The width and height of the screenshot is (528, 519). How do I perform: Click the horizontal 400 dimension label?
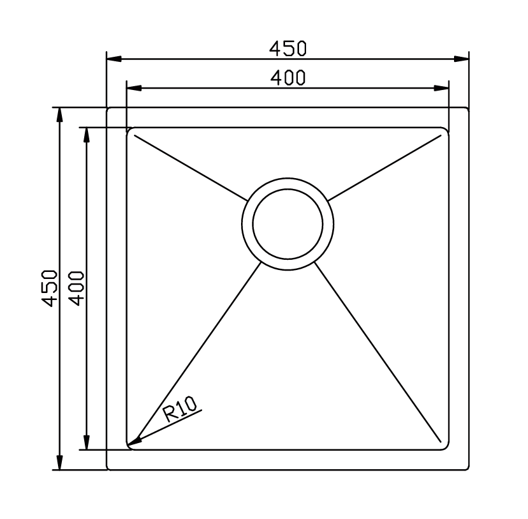click(x=288, y=77)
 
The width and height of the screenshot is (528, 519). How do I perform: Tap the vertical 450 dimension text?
click(x=49, y=288)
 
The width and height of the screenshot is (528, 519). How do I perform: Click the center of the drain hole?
click(x=288, y=224)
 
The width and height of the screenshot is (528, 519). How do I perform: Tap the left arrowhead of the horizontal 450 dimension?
click(x=114, y=59)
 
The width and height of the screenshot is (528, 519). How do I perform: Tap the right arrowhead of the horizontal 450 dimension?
click(x=461, y=59)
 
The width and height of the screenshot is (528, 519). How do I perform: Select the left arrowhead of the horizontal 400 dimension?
click(x=134, y=88)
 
